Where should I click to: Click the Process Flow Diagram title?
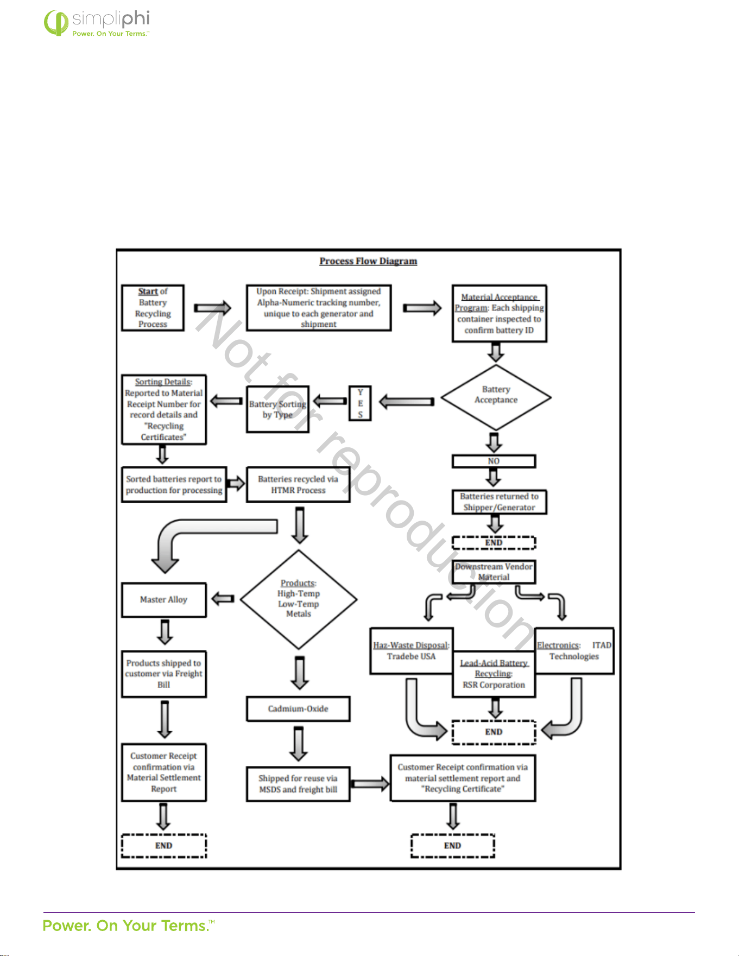[368, 261]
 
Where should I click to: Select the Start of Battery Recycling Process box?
[153, 308]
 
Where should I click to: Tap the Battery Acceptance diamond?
[496, 397]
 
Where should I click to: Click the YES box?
[360, 403]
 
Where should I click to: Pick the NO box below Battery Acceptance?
[494, 461]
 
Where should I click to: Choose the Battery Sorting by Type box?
[277, 409]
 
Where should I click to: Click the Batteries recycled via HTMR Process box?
[298, 484]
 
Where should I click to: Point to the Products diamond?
[299, 599]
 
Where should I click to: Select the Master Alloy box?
[164, 600]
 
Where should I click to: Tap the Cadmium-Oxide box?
[298, 709]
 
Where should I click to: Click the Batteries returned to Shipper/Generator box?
[499, 502]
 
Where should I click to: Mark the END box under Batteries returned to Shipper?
[494, 542]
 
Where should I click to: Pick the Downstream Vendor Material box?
[494, 572]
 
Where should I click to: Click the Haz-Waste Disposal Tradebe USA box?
[411, 651]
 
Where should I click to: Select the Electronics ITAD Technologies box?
[574, 651]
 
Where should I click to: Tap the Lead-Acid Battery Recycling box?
[494, 674]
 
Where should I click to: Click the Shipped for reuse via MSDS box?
[298, 784]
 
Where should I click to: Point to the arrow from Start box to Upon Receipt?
[213, 308]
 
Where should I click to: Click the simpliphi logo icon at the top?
[56, 22]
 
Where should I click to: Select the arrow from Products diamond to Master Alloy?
[223, 599]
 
